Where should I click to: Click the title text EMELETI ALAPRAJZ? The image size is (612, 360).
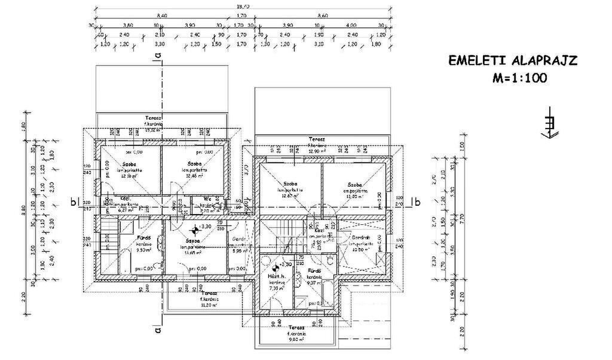tap(513, 60)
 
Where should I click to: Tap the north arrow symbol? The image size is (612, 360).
tap(548, 123)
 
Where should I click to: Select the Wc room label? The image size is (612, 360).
tap(206, 199)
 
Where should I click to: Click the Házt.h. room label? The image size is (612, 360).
tap(275, 279)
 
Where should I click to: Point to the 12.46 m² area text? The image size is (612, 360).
tap(194, 176)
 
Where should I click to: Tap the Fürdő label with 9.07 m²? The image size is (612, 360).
tap(315, 271)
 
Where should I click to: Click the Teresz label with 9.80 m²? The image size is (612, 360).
tap(297, 328)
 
